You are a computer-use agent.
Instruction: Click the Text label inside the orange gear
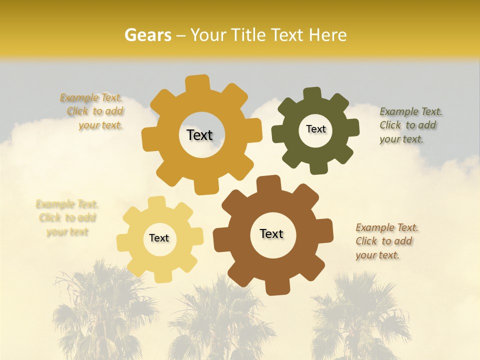pos(199,135)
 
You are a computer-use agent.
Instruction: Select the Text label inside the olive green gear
pos(315,129)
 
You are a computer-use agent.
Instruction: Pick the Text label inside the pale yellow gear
pos(159,238)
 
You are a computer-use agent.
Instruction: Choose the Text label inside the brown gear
pos(271,233)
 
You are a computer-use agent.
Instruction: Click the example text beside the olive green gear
pos(410,125)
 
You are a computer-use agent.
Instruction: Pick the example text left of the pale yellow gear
pos(67,218)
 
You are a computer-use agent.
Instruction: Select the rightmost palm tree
pos(360,315)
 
